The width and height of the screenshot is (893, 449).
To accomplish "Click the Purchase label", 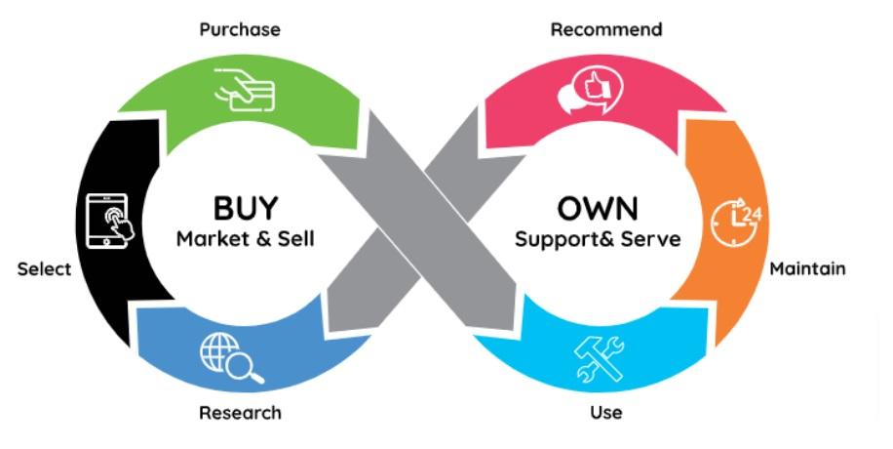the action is (x=240, y=29).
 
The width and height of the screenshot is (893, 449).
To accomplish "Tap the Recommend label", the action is (x=606, y=29).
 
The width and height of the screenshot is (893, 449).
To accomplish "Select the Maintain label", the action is (x=807, y=267).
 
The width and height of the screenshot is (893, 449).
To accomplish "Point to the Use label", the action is (x=605, y=412).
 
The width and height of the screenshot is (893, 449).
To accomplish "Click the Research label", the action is (x=240, y=412).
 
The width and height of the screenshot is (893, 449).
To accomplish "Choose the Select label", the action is (x=44, y=268).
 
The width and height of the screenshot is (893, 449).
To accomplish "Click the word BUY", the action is (x=246, y=208).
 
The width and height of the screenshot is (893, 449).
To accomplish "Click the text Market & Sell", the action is (x=246, y=239).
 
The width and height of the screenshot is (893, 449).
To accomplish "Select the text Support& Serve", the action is (x=598, y=239).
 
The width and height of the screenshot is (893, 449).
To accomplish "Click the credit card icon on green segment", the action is (x=246, y=92).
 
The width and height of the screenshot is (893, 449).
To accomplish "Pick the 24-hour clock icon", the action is (x=735, y=221).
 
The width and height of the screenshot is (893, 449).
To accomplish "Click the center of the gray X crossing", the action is (x=422, y=224).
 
